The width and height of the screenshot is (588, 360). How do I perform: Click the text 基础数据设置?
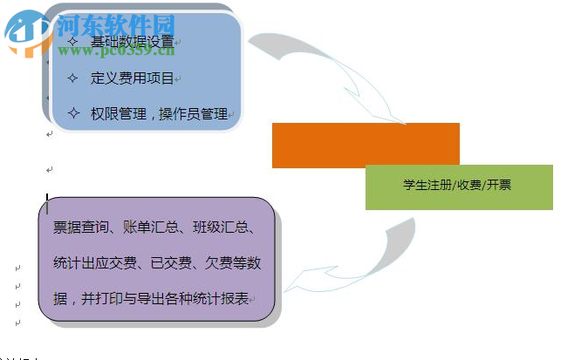(132, 41)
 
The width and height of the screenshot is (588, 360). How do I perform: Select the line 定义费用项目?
(133, 78)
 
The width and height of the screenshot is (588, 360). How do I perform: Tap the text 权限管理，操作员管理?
(159, 113)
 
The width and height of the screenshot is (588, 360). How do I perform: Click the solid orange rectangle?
(366, 145)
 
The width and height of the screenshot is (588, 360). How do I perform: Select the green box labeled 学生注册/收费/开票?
(458, 186)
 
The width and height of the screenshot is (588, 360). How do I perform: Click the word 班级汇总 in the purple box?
(222, 228)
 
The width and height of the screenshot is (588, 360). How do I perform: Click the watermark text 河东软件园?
(116, 24)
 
